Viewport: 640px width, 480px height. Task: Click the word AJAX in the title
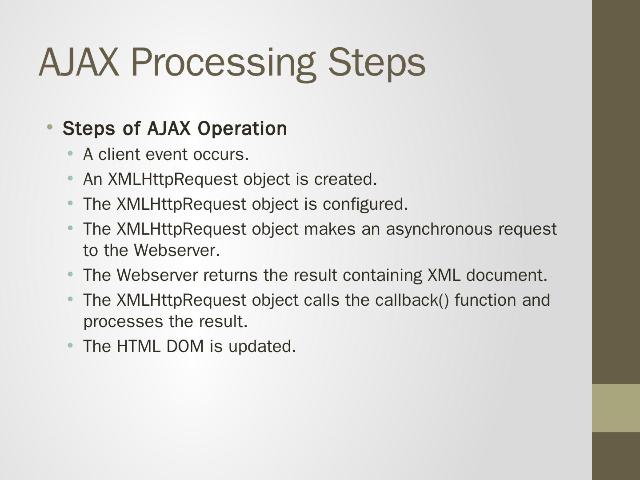coord(79,62)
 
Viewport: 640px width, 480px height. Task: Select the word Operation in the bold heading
coord(242,128)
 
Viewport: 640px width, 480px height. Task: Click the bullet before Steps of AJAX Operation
coord(50,127)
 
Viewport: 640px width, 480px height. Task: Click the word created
coord(345,179)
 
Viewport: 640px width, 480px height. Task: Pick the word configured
coord(365,204)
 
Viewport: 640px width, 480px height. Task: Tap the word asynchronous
coord(439,229)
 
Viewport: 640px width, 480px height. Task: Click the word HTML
coord(139,346)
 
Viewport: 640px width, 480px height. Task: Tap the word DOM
coord(185,346)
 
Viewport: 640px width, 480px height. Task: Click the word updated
coord(262,347)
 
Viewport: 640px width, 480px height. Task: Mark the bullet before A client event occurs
coord(70,153)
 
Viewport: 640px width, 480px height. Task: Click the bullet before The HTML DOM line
coord(70,345)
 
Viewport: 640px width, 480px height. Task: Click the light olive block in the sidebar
coord(616,408)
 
